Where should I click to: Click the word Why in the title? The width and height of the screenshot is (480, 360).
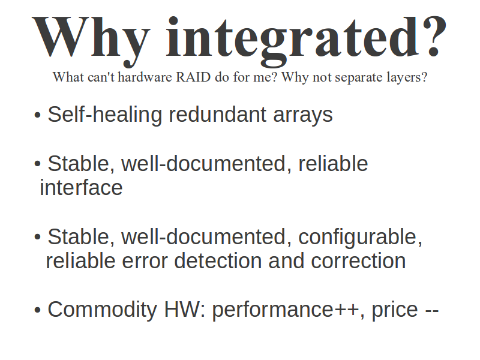click(x=91, y=40)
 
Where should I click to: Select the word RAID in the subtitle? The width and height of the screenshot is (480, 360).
click(x=193, y=77)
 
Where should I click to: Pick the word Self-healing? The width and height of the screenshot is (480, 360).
click(x=104, y=115)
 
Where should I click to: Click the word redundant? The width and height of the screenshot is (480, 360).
click(x=217, y=115)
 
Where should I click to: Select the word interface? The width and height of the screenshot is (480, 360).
click(x=81, y=187)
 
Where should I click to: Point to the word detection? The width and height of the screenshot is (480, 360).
click(x=218, y=260)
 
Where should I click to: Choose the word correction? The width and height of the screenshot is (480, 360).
click(x=358, y=260)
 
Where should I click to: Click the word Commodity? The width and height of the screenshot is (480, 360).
click(x=102, y=310)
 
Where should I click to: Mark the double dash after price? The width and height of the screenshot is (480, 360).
click(x=432, y=310)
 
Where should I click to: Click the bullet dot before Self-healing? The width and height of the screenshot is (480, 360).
click(x=37, y=115)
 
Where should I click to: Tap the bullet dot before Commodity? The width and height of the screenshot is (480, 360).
click(x=37, y=310)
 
